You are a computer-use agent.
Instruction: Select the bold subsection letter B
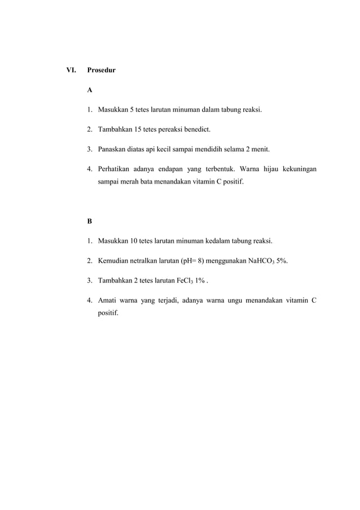click(x=90, y=220)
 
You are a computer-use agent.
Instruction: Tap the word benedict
click(x=195, y=130)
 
